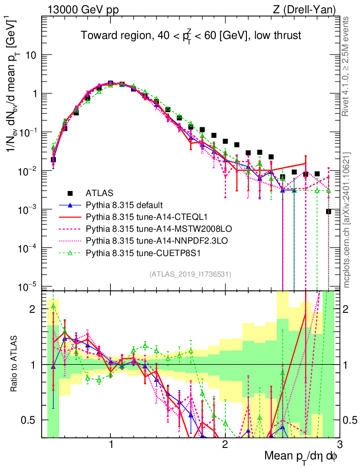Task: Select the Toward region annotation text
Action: tap(191, 36)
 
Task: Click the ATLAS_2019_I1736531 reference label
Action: tap(190, 275)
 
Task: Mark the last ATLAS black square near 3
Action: tap(328, 211)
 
